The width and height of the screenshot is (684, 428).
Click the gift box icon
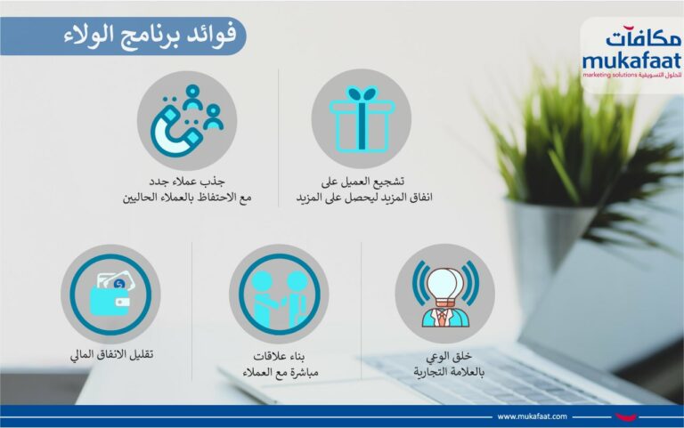coord(362,119)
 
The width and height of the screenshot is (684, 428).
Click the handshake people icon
coord(279,299)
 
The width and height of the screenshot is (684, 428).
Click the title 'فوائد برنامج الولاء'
coord(151,36)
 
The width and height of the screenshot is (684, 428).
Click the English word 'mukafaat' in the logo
coord(631,61)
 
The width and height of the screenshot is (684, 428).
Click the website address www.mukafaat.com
coord(533,416)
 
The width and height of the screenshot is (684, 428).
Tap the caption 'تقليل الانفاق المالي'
coord(111,354)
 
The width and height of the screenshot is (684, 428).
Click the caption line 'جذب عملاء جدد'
coord(187,181)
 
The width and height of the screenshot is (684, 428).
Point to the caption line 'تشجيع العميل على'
coord(362,181)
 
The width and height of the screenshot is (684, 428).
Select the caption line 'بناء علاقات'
coord(279,356)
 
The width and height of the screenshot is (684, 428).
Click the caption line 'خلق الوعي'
coord(449,357)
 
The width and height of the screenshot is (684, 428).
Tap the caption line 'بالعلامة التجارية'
coord(449,372)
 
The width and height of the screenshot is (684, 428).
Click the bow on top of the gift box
coord(362,93)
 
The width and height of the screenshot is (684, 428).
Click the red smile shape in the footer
coord(625,417)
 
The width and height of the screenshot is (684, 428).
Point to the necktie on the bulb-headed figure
coord(443,318)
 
